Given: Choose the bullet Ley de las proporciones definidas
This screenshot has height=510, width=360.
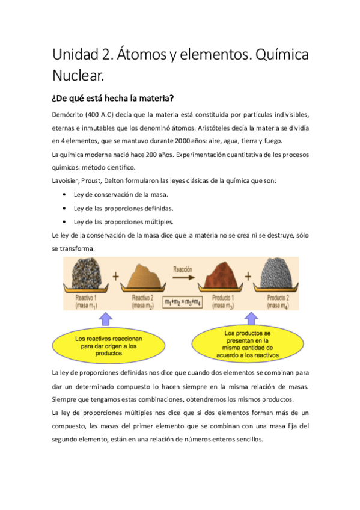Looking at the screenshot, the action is [x=123, y=208].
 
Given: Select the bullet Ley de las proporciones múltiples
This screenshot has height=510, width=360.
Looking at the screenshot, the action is [x=123, y=221].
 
